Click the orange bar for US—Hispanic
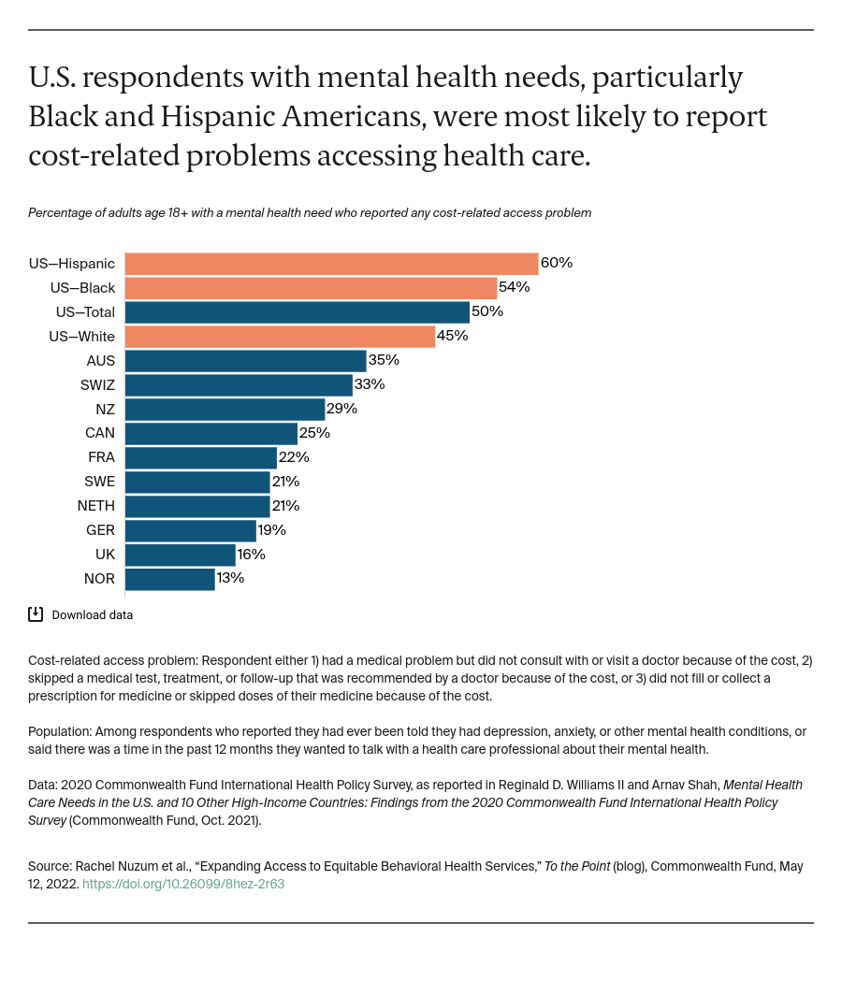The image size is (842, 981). coord(331,263)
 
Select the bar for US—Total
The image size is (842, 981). coord(297,311)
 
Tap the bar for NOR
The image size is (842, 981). coord(169,579)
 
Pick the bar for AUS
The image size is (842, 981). coord(245,360)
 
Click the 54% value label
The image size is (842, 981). coord(515,287)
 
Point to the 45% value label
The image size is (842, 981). coord(453,336)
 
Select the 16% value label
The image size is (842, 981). coord(251,555)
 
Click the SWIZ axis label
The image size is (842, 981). coord(97,384)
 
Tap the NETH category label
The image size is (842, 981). coord(96,506)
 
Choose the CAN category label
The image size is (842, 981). coord(100,433)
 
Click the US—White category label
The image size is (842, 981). coord(82,336)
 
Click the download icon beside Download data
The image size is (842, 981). coord(36,614)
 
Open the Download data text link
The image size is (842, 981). coord(92,615)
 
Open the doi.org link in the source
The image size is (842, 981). coord(183,884)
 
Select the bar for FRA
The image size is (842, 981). coord(200,457)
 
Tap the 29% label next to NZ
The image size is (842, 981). coord(341,409)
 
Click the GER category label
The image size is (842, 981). coord(100,530)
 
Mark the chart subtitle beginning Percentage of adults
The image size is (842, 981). coord(310,213)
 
